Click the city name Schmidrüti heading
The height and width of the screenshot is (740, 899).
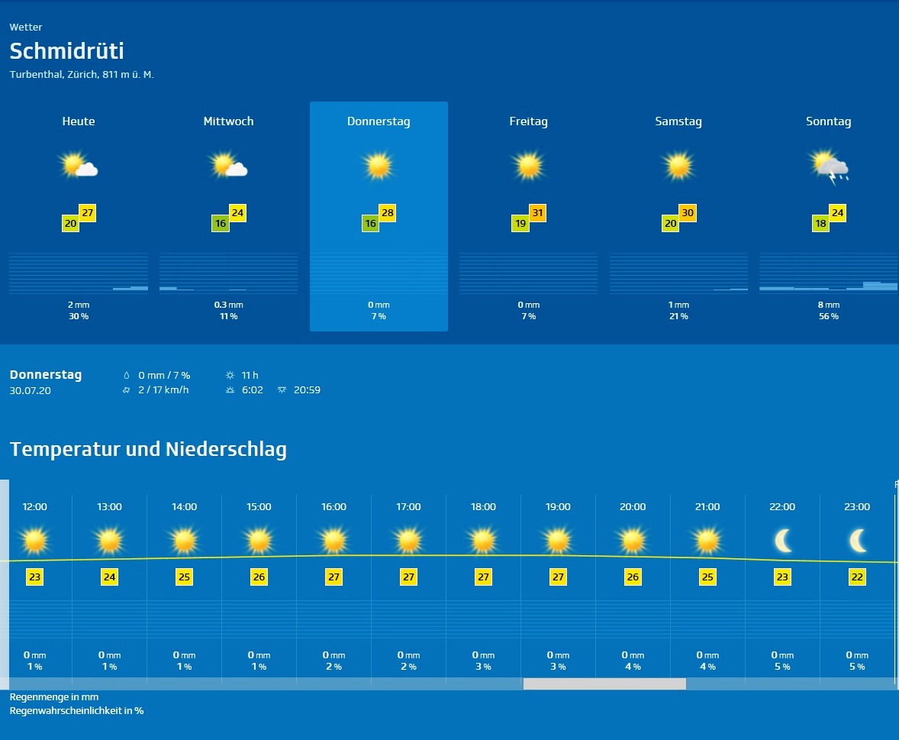(67, 51)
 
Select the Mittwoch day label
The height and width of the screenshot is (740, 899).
(228, 121)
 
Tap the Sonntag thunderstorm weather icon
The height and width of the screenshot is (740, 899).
(830, 167)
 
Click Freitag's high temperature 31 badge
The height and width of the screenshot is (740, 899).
(537, 213)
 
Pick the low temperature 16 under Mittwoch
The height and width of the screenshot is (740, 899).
(221, 224)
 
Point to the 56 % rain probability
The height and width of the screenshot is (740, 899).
(828, 316)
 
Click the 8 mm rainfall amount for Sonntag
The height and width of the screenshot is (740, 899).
(828, 305)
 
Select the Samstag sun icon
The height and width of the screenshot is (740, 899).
(678, 166)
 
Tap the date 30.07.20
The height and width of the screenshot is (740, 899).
(31, 391)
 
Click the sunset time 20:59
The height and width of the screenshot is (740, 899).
(307, 390)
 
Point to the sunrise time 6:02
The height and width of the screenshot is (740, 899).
(252, 390)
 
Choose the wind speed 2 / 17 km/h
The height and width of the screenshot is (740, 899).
(163, 390)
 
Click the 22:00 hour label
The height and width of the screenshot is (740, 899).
(782, 507)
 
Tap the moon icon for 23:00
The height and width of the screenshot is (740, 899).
(858, 541)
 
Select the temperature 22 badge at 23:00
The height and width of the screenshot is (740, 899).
(857, 577)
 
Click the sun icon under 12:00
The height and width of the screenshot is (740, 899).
(35, 541)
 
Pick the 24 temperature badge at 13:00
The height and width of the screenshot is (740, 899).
(109, 577)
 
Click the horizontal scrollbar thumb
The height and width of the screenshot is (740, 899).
(604, 684)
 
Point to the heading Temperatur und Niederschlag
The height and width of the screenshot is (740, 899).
(148, 449)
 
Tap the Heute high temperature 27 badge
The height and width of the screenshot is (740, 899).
(87, 213)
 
